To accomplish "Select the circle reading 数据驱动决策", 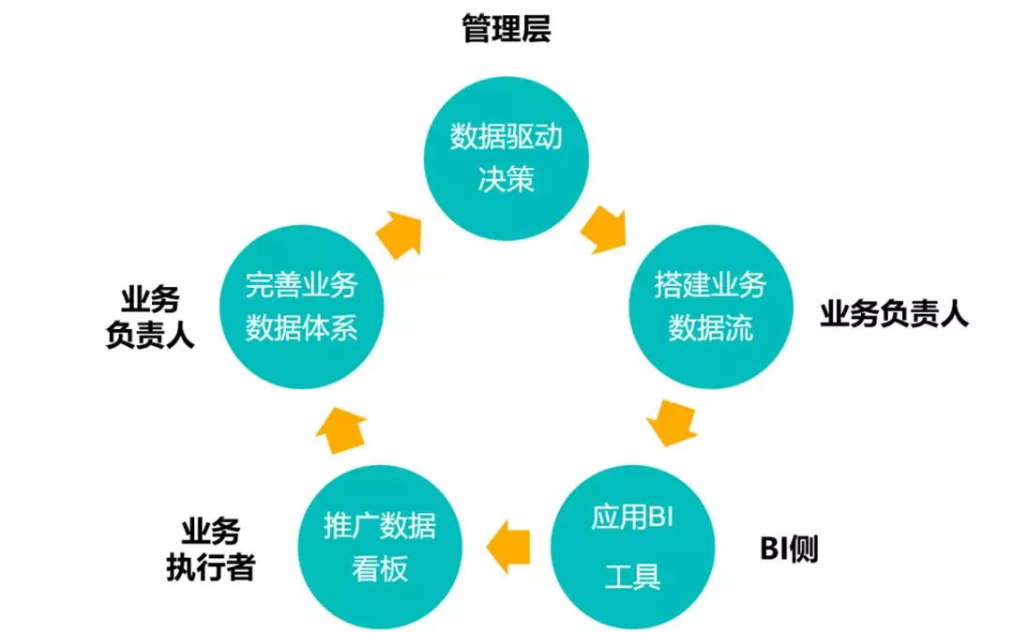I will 506,158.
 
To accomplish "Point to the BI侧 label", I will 789,550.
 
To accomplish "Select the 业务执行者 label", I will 210,550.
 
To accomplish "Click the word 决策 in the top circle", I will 506,179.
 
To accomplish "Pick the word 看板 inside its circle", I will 380,569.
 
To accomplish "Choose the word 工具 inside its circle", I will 632,575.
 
